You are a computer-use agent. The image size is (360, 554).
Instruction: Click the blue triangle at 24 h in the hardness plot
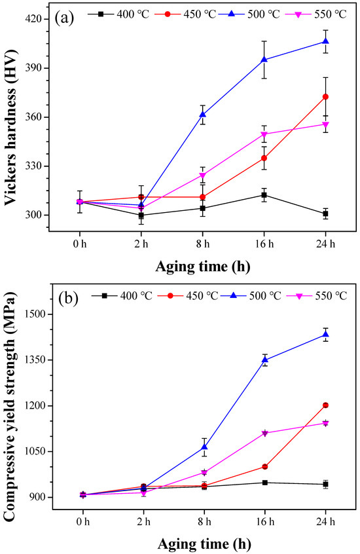(325, 41)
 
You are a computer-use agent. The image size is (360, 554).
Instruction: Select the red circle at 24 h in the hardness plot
(325, 97)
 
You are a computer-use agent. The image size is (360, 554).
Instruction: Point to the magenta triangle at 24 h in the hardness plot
(325, 124)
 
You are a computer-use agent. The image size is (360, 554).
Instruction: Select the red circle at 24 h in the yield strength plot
(325, 405)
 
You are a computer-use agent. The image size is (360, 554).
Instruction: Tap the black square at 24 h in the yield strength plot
(325, 484)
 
